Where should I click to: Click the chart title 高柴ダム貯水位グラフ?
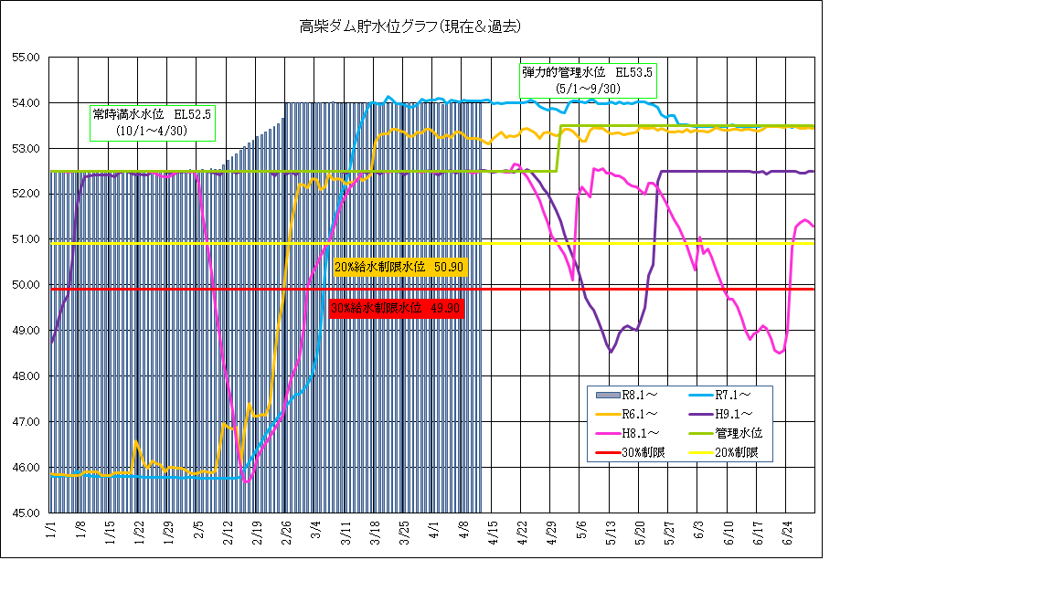click(410, 26)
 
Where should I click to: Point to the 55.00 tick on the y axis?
click(25, 57)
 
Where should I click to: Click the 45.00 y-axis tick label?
click(25, 513)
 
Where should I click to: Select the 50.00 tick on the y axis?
click(25, 285)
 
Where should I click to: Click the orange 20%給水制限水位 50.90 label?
click(400, 267)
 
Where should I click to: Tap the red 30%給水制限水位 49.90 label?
click(396, 308)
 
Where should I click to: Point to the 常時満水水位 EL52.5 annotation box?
click(152, 122)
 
